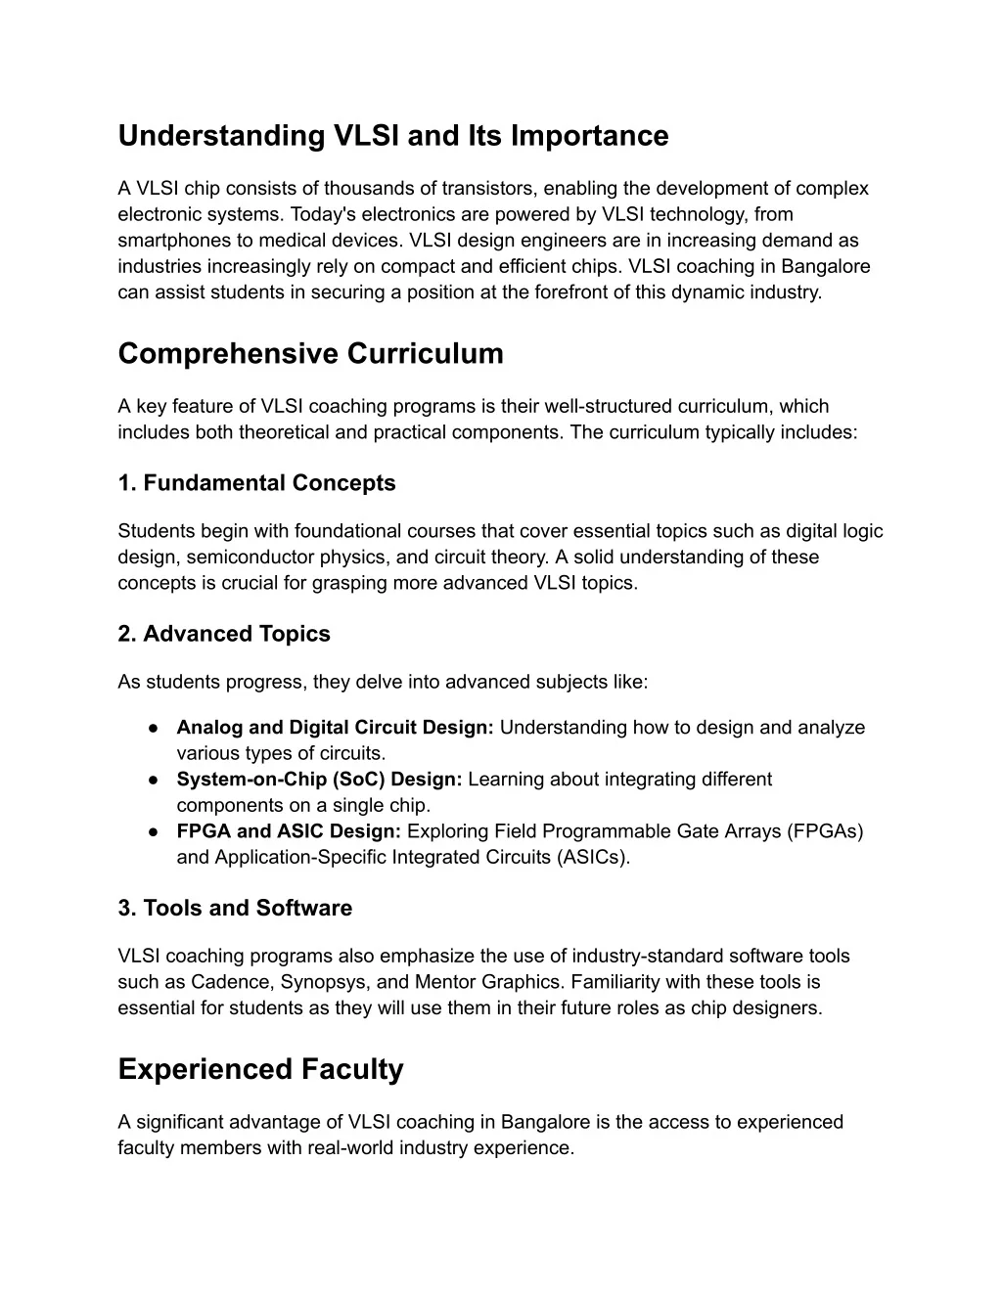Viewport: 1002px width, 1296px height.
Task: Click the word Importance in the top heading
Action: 588,136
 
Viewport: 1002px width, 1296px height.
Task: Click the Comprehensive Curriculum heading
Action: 310,353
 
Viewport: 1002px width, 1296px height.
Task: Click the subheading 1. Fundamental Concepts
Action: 256,483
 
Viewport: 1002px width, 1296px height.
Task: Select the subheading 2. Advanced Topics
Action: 224,634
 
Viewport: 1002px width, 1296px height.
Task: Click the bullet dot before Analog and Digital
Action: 155,728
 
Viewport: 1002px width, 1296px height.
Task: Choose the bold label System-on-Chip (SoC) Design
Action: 319,780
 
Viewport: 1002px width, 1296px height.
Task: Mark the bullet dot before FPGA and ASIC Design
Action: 155,831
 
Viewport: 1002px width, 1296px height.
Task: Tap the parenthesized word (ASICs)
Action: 594,857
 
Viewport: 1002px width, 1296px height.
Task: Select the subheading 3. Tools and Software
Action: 235,908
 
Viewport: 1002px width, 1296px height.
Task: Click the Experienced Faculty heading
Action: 260,1069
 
